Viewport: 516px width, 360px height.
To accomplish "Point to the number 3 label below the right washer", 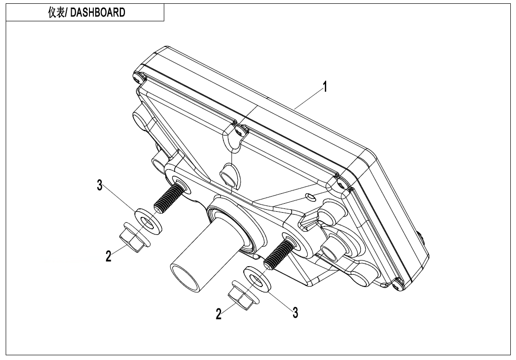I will tap(295, 312).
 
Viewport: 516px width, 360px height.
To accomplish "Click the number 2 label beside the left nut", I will tap(109, 256).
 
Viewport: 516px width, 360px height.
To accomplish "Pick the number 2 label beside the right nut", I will tap(219, 314).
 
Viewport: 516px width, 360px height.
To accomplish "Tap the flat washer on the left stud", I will tap(148, 217).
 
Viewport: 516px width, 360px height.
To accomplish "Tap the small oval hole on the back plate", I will tap(309, 196).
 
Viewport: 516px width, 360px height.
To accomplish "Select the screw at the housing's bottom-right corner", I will tap(396, 286).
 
